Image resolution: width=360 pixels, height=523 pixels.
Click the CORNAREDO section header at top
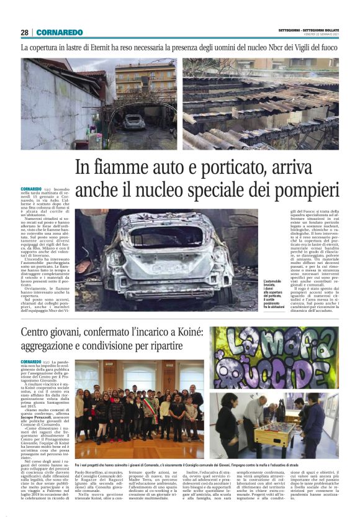(x=60, y=32)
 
